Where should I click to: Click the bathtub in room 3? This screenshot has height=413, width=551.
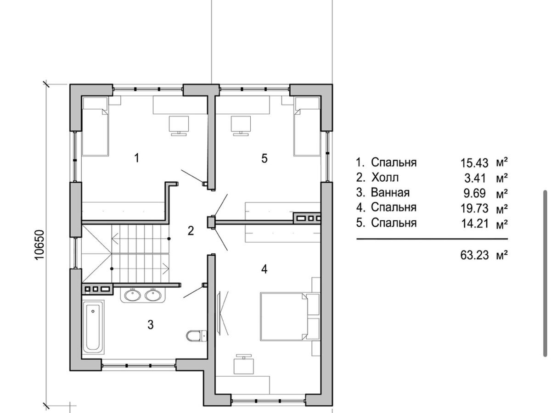coord(93,328)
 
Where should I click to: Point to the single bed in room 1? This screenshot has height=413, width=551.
coord(96,127)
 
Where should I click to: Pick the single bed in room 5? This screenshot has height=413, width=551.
coord(307,127)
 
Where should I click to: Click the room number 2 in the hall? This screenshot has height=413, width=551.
coord(191,231)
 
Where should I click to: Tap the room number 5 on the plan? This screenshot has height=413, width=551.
coord(264,158)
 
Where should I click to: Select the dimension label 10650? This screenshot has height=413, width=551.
coord(39,245)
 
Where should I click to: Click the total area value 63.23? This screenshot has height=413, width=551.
coord(474,256)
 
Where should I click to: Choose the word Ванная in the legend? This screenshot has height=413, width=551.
coord(390,193)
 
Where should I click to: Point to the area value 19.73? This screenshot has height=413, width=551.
coord(474,208)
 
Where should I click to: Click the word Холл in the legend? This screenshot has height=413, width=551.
coord(385,178)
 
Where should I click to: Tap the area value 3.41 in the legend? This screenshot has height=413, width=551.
coord(475,179)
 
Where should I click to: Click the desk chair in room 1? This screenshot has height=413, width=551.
coord(179,126)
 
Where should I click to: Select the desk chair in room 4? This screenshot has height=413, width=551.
coord(243,364)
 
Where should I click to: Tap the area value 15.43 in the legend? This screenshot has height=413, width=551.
coord(474,163)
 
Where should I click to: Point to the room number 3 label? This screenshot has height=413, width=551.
coord(150,325)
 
